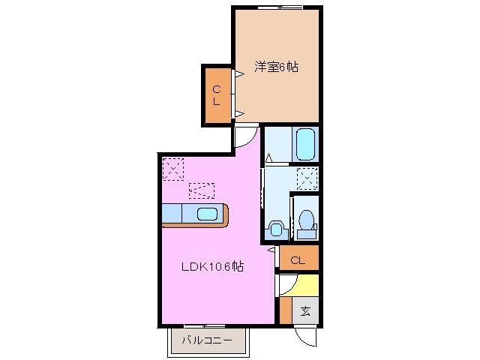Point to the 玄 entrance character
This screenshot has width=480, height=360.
tap(306, 310)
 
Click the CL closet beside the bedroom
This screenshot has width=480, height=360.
tap(216, 95)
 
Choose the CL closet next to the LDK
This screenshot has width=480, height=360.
tap(298, 260)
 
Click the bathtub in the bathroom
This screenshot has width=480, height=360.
tap(305, 145)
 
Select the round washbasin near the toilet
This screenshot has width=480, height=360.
tap(274, 227)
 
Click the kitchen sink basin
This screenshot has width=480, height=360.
tap(208, 214)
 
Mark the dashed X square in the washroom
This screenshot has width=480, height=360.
tap(306, 179)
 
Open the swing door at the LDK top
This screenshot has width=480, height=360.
tap(246, 136)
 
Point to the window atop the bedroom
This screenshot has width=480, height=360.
tap(279, 7)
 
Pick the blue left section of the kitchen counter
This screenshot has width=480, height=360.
tap(172, 214)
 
